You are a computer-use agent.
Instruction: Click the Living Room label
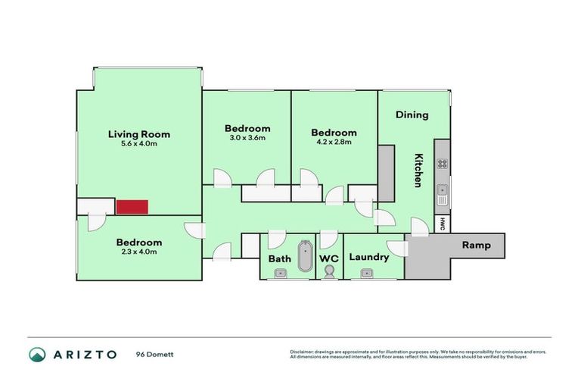click(138, 134)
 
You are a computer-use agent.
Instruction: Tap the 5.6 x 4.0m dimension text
click(138, 145)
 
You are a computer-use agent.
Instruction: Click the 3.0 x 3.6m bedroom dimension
click(247, 138)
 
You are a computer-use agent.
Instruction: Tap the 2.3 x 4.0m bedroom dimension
click(138, 252)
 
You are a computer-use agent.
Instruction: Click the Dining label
click(412, 115)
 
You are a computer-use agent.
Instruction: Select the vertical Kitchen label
click(418, 171)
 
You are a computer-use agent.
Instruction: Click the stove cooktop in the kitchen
click(442, 163)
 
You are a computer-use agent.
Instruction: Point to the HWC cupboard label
click(443, 224)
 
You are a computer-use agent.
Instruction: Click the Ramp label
click(477, 245)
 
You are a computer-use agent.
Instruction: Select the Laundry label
click(369, 257)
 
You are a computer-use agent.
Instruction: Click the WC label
click(328, 258)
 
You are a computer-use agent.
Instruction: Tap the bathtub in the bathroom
click(305, 256)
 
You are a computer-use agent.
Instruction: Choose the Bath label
click(279, 258)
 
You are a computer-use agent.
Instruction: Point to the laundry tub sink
click(367, 273)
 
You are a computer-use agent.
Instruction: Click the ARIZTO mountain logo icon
click(37, 354)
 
